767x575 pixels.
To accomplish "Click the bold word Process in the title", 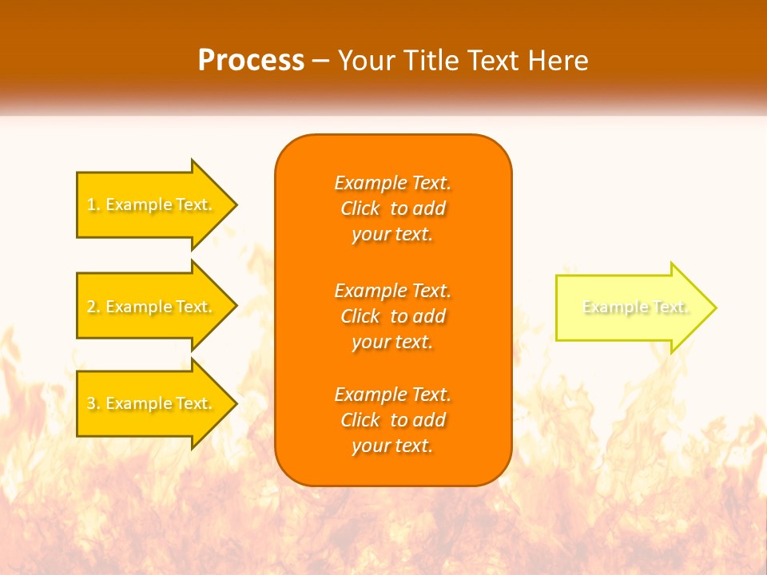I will (251, 61).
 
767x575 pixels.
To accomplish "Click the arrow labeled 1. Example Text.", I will (152, 204).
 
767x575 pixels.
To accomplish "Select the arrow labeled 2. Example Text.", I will (152, 307).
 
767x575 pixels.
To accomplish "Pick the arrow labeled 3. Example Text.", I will (152, 403).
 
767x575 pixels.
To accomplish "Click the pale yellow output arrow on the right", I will (631, 307).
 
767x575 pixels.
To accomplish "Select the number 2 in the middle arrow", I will (92, 307).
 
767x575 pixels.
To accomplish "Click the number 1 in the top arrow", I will (92, 204).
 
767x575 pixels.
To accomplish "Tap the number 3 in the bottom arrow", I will (92, 403).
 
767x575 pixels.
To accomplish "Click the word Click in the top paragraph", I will (360, 208).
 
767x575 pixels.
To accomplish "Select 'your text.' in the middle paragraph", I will (392, 342).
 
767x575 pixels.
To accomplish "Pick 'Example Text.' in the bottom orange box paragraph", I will (392, 395).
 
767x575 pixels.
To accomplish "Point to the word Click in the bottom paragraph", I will (360, 420).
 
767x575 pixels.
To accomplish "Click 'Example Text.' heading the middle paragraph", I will (392, 290).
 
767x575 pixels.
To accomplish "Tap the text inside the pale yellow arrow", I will (635, 307).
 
